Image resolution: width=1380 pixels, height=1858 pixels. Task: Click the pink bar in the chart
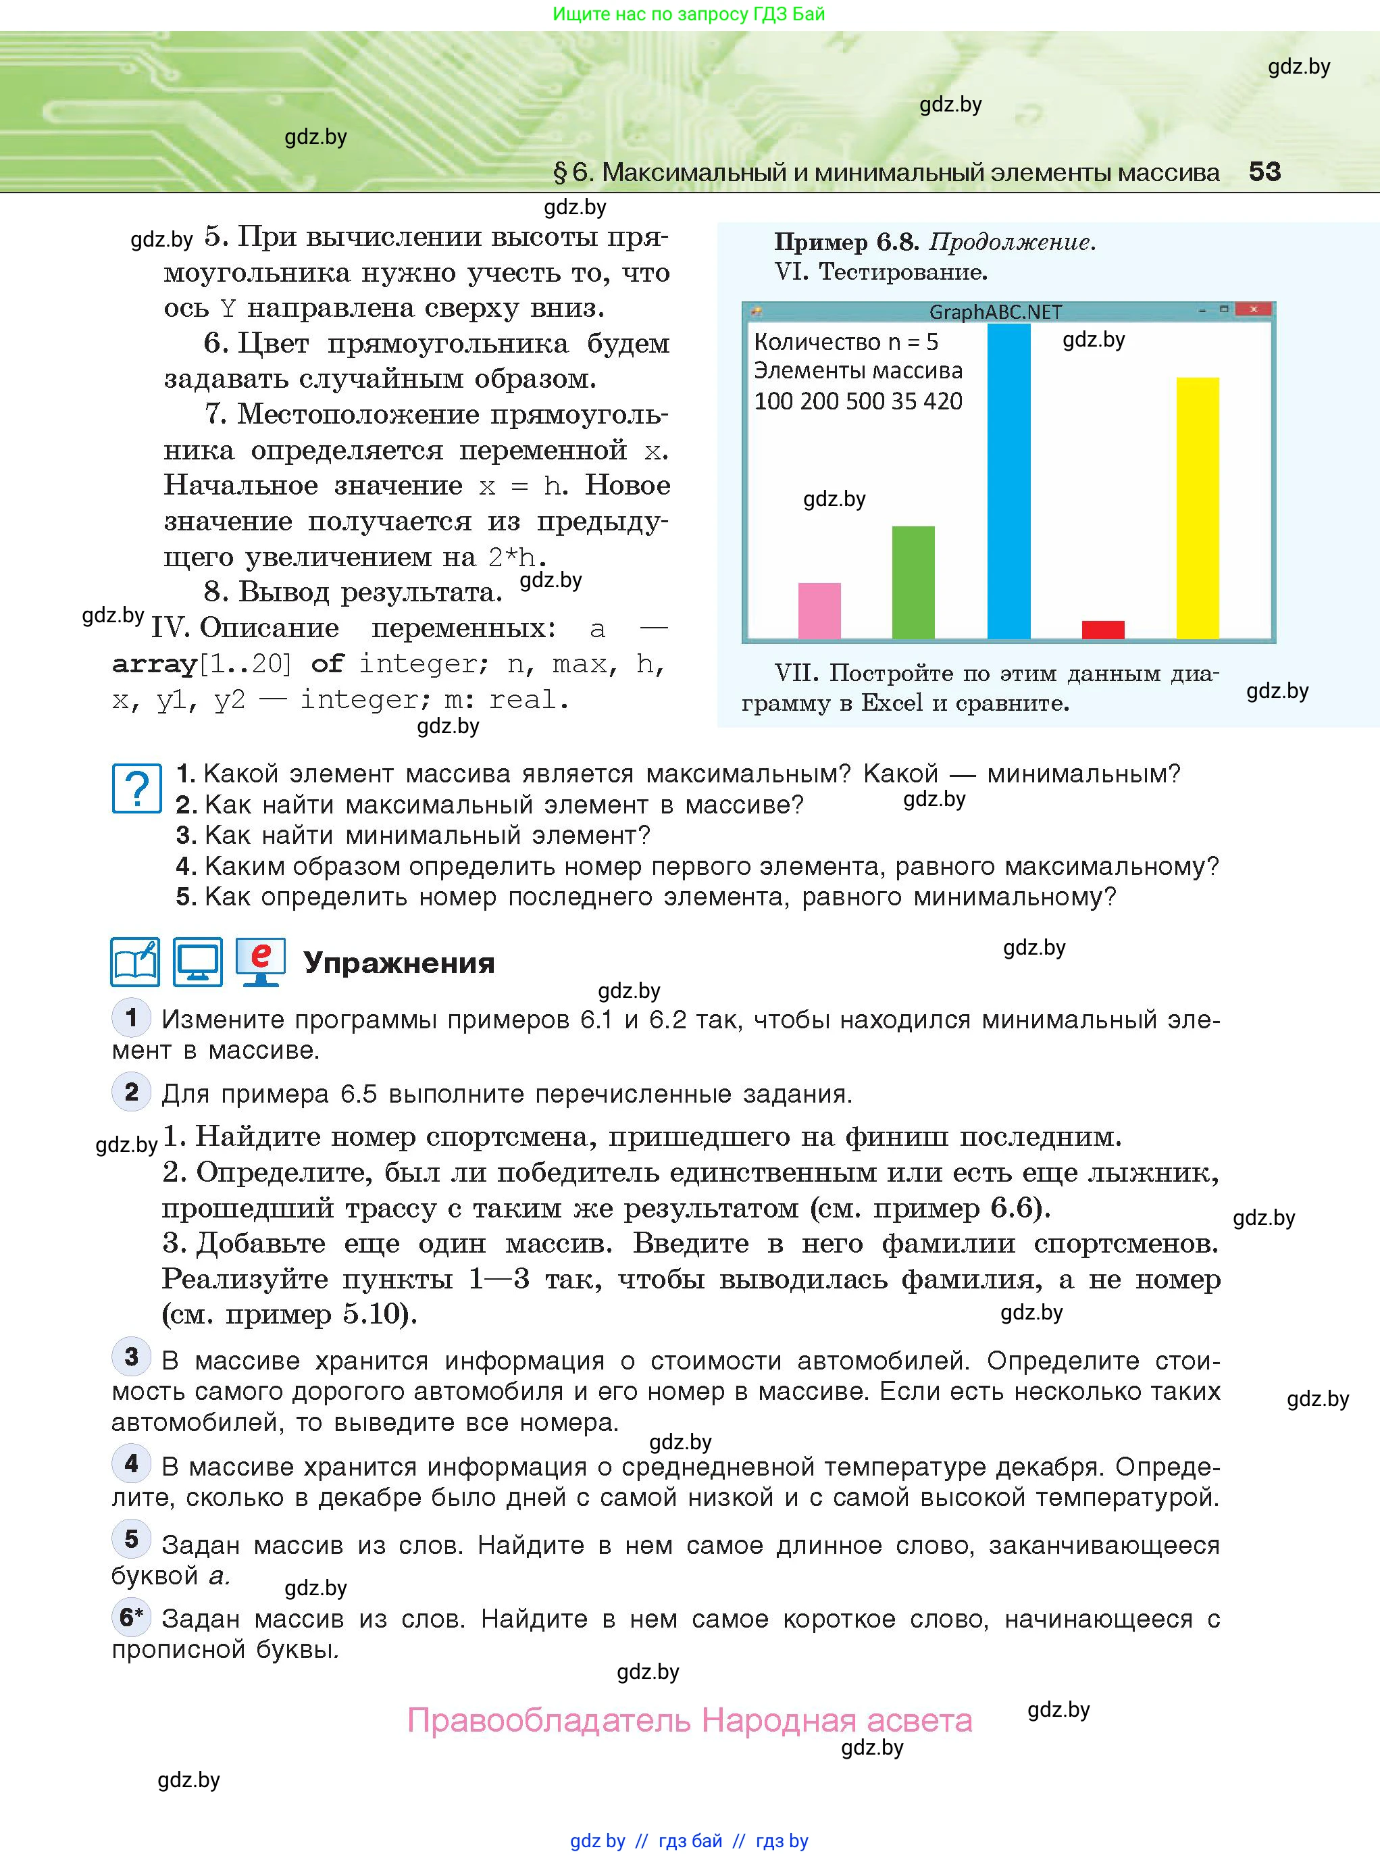(x=819, y=611)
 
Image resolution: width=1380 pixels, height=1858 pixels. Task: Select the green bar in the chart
(x=913, y=582)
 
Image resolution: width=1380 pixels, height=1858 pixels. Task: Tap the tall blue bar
(x=1008, y=482)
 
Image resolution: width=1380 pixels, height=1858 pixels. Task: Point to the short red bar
(x=1102, y=630)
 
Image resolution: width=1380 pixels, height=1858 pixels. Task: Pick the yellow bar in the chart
(x=1197, y=508)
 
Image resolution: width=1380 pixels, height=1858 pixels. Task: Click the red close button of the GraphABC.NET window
(x=1253, y=310)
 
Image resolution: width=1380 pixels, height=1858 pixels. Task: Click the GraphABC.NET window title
(x=996, y=312)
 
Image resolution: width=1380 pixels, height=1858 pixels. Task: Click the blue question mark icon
(x=137, y=788)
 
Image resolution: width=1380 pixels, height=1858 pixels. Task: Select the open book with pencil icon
(x=135, y=962)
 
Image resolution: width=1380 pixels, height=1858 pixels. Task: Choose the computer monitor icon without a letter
(x=198, y=962)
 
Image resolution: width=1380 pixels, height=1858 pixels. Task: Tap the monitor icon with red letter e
(x=261, y=962)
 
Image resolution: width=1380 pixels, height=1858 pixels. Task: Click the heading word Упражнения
(x=399, y=963)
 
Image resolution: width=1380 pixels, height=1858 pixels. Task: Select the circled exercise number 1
(x=131, y=1018)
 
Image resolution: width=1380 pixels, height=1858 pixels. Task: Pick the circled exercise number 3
(x=131, y=1357)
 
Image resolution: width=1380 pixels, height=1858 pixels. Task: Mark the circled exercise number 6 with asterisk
(x=131, y=1617)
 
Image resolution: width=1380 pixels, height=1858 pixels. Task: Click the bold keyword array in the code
(x=154, y=664)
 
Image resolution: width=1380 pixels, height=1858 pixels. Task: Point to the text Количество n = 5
(x=846, y=342)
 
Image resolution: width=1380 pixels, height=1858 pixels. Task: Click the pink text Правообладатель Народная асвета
(x=689, y=1720)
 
